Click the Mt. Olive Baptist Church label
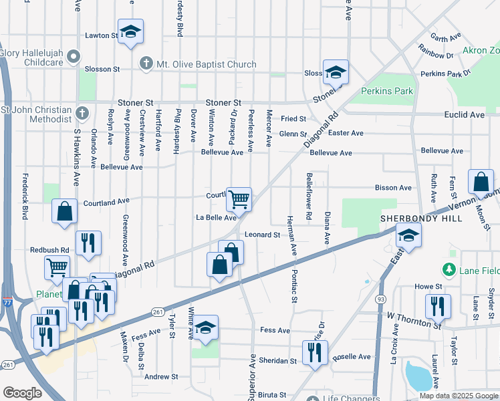[x=207, y=64]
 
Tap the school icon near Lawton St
[x=131, y=31]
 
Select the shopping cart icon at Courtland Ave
[x=239, y=198]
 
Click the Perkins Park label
[x=387, y=91]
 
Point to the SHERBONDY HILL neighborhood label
[x=412, y=219]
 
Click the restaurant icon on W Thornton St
[x=438, y=306]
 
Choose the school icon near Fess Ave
[x=206, y=327]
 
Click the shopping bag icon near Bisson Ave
[x=481, y=181]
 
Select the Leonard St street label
[x=262, y=235]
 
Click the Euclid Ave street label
[x=464, y=115]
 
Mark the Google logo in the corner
[x=23, y=393]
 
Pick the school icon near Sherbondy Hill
[x=408, y=235]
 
